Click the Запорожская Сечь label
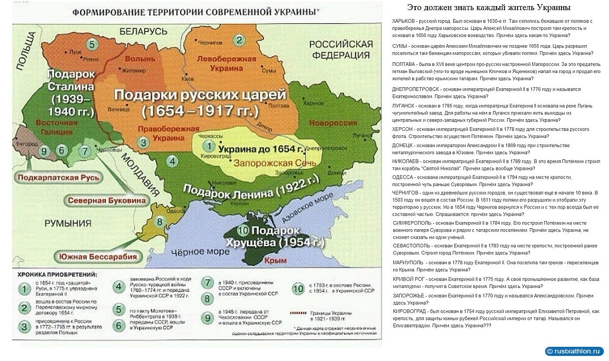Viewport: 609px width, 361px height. [275, 163]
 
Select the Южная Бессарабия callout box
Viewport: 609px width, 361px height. [98, 257]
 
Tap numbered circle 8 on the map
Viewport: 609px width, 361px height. [159, 222]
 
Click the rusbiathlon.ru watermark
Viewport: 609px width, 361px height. [574, 351]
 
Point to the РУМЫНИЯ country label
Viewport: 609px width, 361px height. [67, 223]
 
